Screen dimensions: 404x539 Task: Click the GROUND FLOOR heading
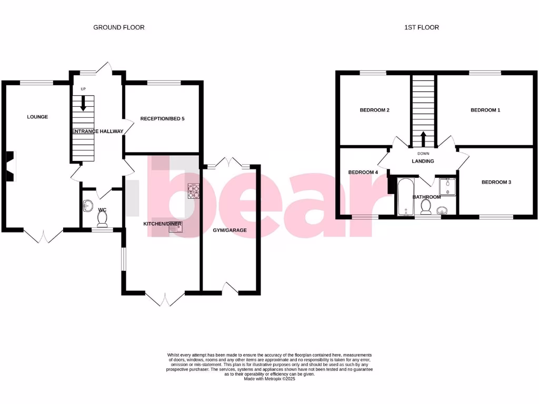point(119,27)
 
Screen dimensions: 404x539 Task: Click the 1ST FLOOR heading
point(421,27)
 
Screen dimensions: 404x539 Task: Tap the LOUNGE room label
point(37,117)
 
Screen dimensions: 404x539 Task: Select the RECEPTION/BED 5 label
point(162,119)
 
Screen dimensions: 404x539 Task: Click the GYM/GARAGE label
point(229,230)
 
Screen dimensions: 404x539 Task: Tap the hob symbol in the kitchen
point(194,191)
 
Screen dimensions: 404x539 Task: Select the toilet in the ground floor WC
point(103,218)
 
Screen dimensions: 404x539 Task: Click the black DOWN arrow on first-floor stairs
point(423,138)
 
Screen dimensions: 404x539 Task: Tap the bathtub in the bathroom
point(405,197)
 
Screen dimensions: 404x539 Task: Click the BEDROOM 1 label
point(485,110)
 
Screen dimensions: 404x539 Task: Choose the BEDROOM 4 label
point(363,173)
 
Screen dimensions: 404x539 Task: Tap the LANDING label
point(423,161)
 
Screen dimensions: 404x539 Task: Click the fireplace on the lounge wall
point(11,166)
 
